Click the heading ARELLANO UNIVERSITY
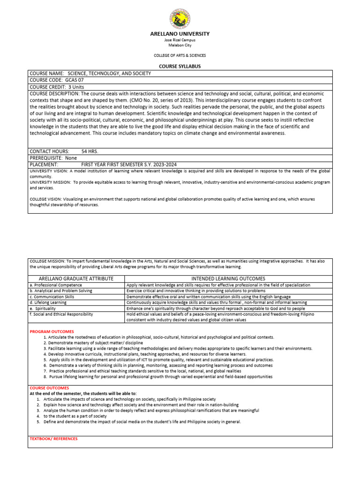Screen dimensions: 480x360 (180, 34)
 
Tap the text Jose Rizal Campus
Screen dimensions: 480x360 (180, 40)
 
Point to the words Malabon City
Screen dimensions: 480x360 (180, 45)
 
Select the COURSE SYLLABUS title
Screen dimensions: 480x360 (180, 66)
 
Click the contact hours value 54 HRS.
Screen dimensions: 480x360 (90, 151)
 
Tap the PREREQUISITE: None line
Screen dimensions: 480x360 (53, 158)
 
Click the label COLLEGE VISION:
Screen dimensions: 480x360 (46, 199)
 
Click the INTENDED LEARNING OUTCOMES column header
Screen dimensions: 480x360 (228, 278)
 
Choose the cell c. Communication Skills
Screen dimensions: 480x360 (52, 297)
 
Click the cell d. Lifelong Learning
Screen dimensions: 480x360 (48, 302)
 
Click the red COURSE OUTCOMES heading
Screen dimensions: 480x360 (49, 388)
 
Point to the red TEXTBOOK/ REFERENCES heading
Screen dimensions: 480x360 (54, 439)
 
